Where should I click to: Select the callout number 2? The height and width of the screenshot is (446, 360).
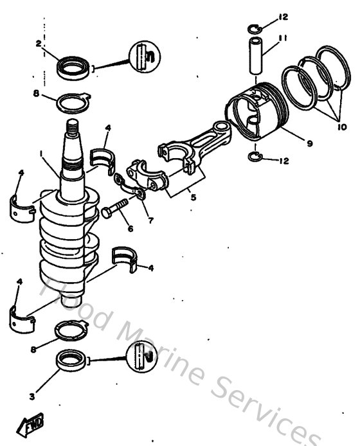click(39, 44)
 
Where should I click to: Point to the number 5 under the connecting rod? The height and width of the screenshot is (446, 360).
click(193, 197)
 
